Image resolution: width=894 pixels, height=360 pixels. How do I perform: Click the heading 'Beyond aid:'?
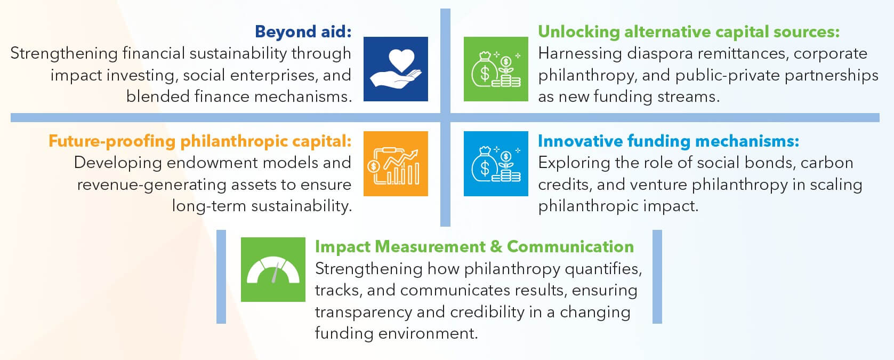point(303,31)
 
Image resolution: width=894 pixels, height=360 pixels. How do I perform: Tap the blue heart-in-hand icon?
point(396,69)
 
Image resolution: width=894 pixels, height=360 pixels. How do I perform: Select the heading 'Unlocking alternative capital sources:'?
point(689,32)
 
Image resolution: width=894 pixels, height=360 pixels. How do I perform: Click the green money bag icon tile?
point(496,69)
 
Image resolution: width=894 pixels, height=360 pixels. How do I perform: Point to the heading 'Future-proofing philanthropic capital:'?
point(200,141)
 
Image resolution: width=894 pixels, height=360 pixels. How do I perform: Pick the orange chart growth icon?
point(396,164)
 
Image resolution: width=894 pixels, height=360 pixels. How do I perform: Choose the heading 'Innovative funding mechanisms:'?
point(669,141)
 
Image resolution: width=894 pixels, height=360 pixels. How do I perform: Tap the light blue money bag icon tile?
point(496,164)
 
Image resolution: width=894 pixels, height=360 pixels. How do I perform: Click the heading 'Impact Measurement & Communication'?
point(474,246)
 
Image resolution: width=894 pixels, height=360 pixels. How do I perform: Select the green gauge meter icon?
point(273,269)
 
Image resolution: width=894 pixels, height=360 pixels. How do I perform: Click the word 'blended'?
point(158,97)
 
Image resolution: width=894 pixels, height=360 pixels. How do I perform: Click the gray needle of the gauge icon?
point(275,273)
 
